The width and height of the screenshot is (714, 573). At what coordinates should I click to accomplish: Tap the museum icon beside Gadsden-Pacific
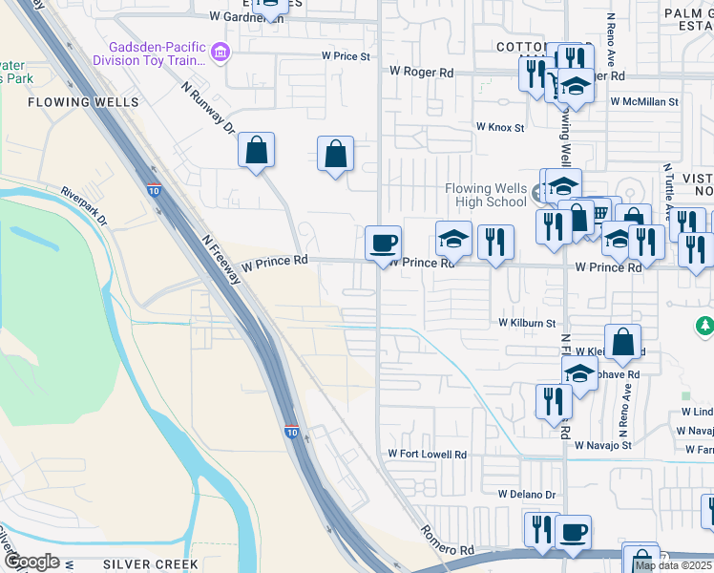pyautogui.click(x=221, y=51)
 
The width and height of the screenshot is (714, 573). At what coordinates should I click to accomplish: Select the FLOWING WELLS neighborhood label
pyautogui.click(x=84, y=101)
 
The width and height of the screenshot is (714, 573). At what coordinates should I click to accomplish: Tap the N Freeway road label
pyautogui.click(x=220, y=257)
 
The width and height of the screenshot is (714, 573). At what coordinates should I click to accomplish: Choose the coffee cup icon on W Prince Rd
pyautogui.click(x=383, y=243)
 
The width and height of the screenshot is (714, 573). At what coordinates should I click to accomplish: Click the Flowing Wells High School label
pyautogui.click(x=486, y=195)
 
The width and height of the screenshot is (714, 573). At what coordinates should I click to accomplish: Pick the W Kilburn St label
pyautogui.click(x=527, y=324)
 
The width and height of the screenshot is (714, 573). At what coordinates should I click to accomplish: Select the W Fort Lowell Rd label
pyautogui.click(x=427, y=455)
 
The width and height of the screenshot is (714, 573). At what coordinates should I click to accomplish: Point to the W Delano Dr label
pyautogui.click(x=526, y=494)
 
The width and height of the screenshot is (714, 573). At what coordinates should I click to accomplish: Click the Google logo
pyautogui.click(x=31, y=562)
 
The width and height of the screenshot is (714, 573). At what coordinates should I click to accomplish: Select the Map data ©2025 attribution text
pyautogui.click(x=674, y=565)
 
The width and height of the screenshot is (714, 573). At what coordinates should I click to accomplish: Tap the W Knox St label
pyautogui.click(x=501, y=127)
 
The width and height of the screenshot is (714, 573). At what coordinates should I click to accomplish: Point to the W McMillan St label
pyautogui.click(x=644, y=100)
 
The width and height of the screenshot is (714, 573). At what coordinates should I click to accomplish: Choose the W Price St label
pyautogui.click(x=346, y=56)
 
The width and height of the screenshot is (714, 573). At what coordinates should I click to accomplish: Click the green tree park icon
pyautogui.click(x=705, y=328)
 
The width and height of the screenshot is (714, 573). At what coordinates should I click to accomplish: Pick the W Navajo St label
pyautogui.click(x=603, y=445)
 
